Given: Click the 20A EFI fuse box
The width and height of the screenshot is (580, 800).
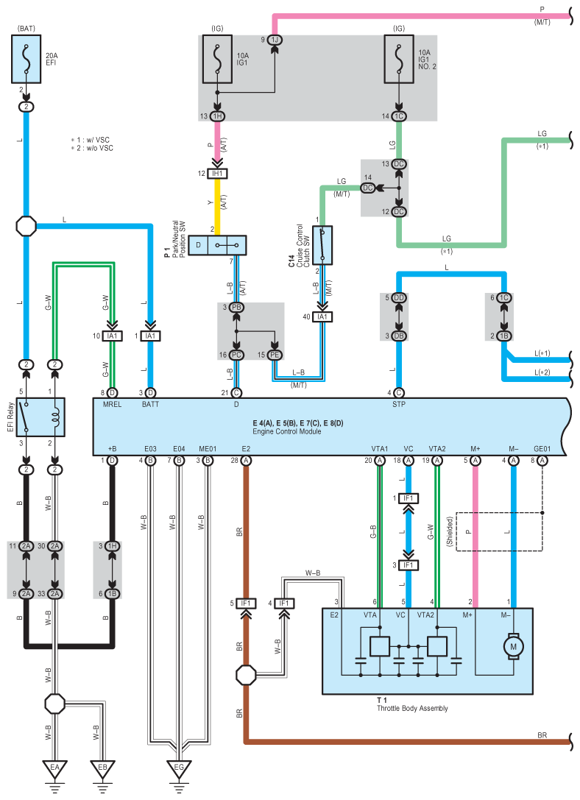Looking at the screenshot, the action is click(26, 59).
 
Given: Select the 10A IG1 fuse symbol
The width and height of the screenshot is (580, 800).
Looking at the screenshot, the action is click(217, 59).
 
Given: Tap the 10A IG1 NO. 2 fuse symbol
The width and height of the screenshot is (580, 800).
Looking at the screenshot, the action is click(399, 59).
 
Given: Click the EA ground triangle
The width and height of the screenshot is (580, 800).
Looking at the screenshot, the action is click(54, 769).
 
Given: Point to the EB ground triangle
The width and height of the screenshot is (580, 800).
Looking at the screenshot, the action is click(102, 769).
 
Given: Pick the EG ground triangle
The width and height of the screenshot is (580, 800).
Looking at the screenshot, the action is click(179, 769).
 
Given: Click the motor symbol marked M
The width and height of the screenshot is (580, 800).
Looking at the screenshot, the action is click(513, 646).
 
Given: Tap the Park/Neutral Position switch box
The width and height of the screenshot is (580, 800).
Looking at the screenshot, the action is click(217, 245).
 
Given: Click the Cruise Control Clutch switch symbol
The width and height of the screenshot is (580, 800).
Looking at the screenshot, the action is click(322, 245).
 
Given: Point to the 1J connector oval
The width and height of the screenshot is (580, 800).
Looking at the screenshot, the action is click(275, 40).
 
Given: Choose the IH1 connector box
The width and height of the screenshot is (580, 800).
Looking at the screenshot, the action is click(217, 174).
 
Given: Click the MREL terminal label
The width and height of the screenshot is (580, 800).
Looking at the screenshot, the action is click(112, 404).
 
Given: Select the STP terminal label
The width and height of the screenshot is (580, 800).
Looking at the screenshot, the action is click(399, 404).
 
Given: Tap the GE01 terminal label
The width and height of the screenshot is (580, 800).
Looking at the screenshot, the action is click(542, 449).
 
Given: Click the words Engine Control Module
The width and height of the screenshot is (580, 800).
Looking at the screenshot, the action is click(286, 431).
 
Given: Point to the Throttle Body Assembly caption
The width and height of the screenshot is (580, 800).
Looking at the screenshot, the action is click(412, 708).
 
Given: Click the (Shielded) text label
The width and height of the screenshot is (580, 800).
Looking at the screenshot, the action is click(450, 531).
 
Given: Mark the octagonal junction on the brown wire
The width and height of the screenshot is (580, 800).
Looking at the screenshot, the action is click(246, 675).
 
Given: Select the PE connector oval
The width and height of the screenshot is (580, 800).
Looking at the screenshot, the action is click(275, 355).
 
